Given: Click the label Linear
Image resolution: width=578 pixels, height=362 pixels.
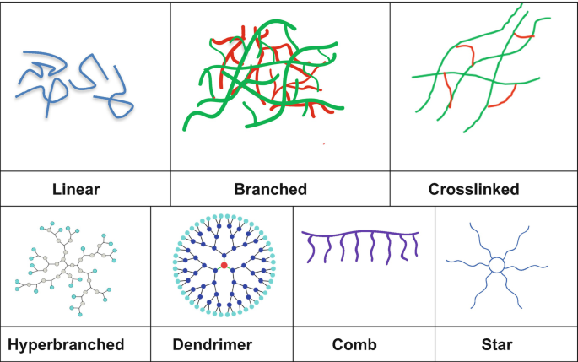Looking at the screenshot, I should tap(76, 189).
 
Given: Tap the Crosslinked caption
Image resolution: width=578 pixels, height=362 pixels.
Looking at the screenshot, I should tap(483, 189).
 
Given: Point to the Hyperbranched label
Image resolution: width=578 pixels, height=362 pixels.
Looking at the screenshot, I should tap(66, 344).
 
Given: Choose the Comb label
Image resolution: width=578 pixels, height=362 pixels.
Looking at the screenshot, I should tap(354, 344).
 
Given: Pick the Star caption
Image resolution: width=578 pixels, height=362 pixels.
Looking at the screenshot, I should tap(498, 344).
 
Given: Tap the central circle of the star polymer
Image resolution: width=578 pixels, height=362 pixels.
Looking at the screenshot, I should tap(497, 265).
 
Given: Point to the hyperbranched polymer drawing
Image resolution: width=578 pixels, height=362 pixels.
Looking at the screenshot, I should tap(66, 266).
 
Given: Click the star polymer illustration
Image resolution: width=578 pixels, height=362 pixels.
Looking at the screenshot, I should tap(497, 265).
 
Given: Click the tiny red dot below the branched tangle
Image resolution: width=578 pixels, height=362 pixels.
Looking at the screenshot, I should tap(325, 143).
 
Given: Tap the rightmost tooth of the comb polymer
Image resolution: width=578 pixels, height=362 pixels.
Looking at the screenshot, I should tap(415, 247).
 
